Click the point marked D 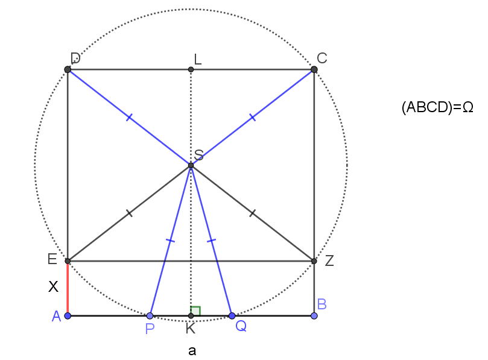pyautogui.click(x=68, y=69)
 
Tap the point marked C pyautogui.click(x=314, y=69)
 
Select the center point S pyautogui.click(x=191, y=165)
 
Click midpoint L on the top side pyautogui.click(x=191, y=69)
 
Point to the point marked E pyautogui.click(x=68, y=261)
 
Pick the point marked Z pyautogui.click(x=314, y=261)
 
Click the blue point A pyautogui.click(x=68, y=316)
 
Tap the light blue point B pyautogui.click(x=314, y=316)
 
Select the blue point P pyautogui.click(x=150, y=316)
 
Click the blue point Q pyautogui.click(x=232, y=316)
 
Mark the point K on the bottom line pyautogui.click(x=191, y=316)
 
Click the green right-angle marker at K pyautogui.click(x=195, y=311)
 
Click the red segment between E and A pyautogui.click(x=68, y=288)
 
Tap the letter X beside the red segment pyautogui.click(x=53, y=286)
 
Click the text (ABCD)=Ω pyautogui.click(x=437, y=107)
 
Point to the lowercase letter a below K pyautogui.click(x=192, y=351)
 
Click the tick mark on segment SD pyautogui.click(x=129, y=118)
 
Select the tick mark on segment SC pyautogui.click(x=253, y=118)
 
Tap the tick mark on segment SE pyautogui.click(x=129, y=213)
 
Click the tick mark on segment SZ pyautogui.click(x=252, y=213)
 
